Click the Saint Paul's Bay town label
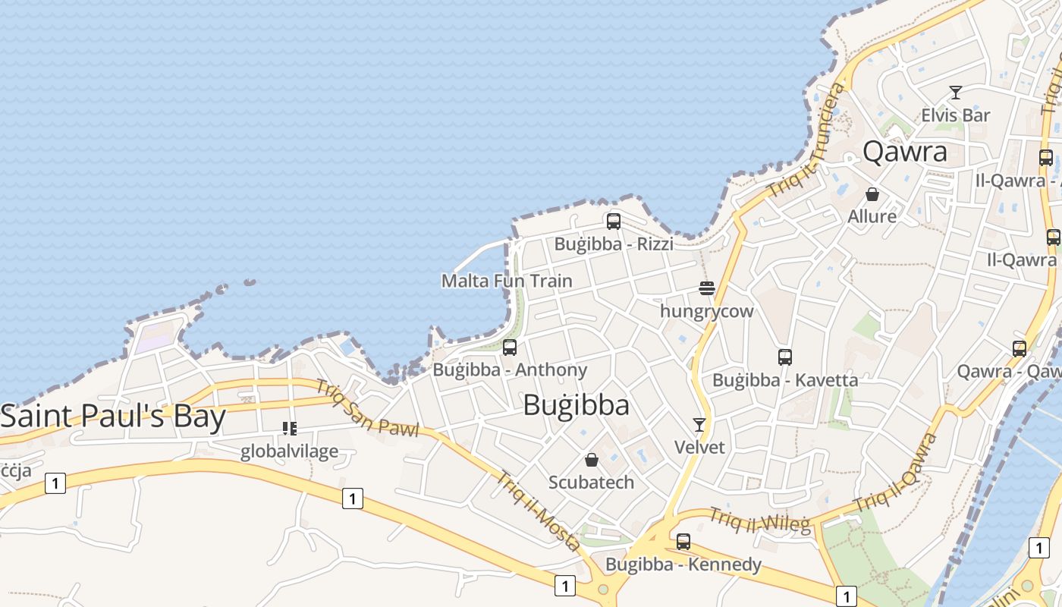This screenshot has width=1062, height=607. pos(113,417)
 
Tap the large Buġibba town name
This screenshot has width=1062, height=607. pos(577,406)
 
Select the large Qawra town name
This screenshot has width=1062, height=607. pos(905,152)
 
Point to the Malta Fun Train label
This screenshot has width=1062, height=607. pos(507,281)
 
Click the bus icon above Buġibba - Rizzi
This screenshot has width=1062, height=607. pos(614,222)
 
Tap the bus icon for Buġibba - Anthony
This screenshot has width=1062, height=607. pos(510,348)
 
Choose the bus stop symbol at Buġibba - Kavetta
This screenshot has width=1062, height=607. pos(785,357)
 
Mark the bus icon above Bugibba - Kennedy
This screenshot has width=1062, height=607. pos(683,542)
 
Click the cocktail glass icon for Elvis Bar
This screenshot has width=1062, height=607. pos(956,93)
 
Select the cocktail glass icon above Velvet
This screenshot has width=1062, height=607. pos(699,425)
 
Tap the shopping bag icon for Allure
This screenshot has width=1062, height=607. pos(872,194)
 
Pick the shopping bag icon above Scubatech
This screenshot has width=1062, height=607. pos(592,460)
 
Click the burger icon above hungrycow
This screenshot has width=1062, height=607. pos(707,288)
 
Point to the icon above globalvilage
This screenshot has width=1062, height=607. pos(289,429)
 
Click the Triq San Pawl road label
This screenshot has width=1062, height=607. pos(367,408)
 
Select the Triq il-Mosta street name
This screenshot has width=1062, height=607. pos(538,510)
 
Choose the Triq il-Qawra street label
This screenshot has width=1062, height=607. pos(896,473)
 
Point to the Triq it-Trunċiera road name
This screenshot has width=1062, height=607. pos(806,140)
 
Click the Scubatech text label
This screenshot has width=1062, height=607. pos(591,483)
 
